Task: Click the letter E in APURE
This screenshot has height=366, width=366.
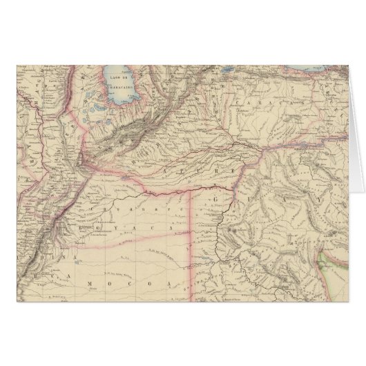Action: [x=233, y=170]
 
